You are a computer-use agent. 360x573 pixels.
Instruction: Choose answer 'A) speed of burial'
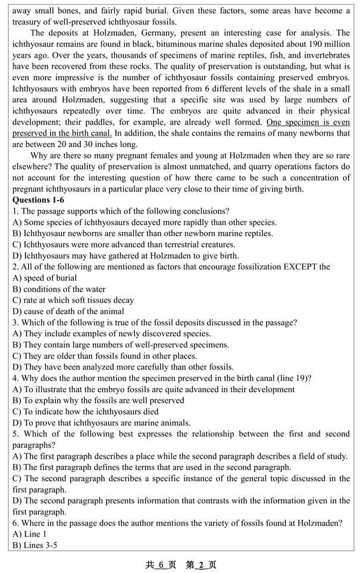[45, 278]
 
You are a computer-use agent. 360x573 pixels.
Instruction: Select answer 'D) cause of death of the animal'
[68, 311]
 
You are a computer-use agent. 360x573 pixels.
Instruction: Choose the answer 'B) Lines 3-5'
[35, 545]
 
